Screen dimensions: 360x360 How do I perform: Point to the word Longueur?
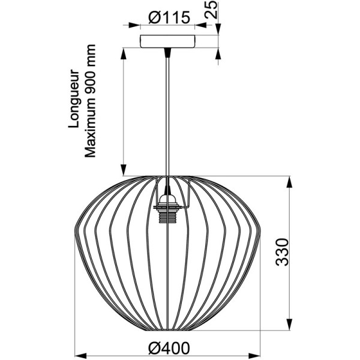coord(76,100)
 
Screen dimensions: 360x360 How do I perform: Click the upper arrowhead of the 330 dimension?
coord(292,182)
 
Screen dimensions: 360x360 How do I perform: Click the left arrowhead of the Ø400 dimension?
coord(80,354)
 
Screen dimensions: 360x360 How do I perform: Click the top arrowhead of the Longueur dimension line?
coord(124,52)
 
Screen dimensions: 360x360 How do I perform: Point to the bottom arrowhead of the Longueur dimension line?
coord(124,171)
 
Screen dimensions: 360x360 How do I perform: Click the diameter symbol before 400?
coord(152,347)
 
